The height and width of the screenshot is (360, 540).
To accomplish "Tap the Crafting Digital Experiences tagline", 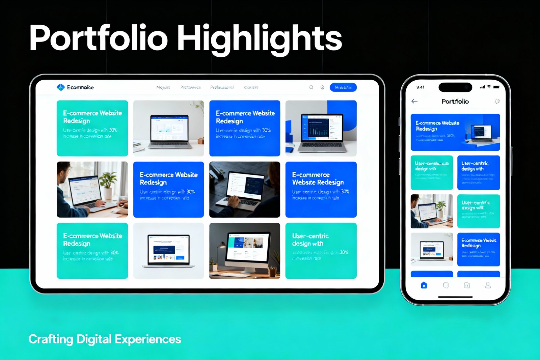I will click(105, 339).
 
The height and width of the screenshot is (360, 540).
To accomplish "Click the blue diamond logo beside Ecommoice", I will click(60, 87).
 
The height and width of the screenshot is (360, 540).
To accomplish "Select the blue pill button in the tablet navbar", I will click(343, 87).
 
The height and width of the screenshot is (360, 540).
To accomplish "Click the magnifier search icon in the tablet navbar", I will click(311, 87).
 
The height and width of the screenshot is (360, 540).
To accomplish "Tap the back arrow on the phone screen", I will click(414, 101).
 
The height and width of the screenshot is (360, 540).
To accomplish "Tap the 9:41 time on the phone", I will click(420, 87).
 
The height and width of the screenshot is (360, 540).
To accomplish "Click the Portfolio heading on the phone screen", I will click(455, 101).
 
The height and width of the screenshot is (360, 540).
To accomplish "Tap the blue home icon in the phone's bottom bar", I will click(424, 285).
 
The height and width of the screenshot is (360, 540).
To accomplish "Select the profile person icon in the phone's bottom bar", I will click(488, 285).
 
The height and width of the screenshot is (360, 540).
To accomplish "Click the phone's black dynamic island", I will click(455, 87).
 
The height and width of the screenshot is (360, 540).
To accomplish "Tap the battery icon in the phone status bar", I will click(496, 87).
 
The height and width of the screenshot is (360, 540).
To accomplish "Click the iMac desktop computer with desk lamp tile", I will click(244, 251).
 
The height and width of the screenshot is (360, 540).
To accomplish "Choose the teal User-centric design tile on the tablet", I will click(321, 251).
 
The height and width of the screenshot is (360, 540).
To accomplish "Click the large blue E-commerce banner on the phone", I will click(455, 132).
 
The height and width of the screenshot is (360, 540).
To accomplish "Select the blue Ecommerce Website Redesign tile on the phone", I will click(478, 249).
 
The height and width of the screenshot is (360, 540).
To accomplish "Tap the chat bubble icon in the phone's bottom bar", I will click(446, 285).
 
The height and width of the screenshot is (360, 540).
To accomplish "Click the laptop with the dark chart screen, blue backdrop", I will click(321, 128).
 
